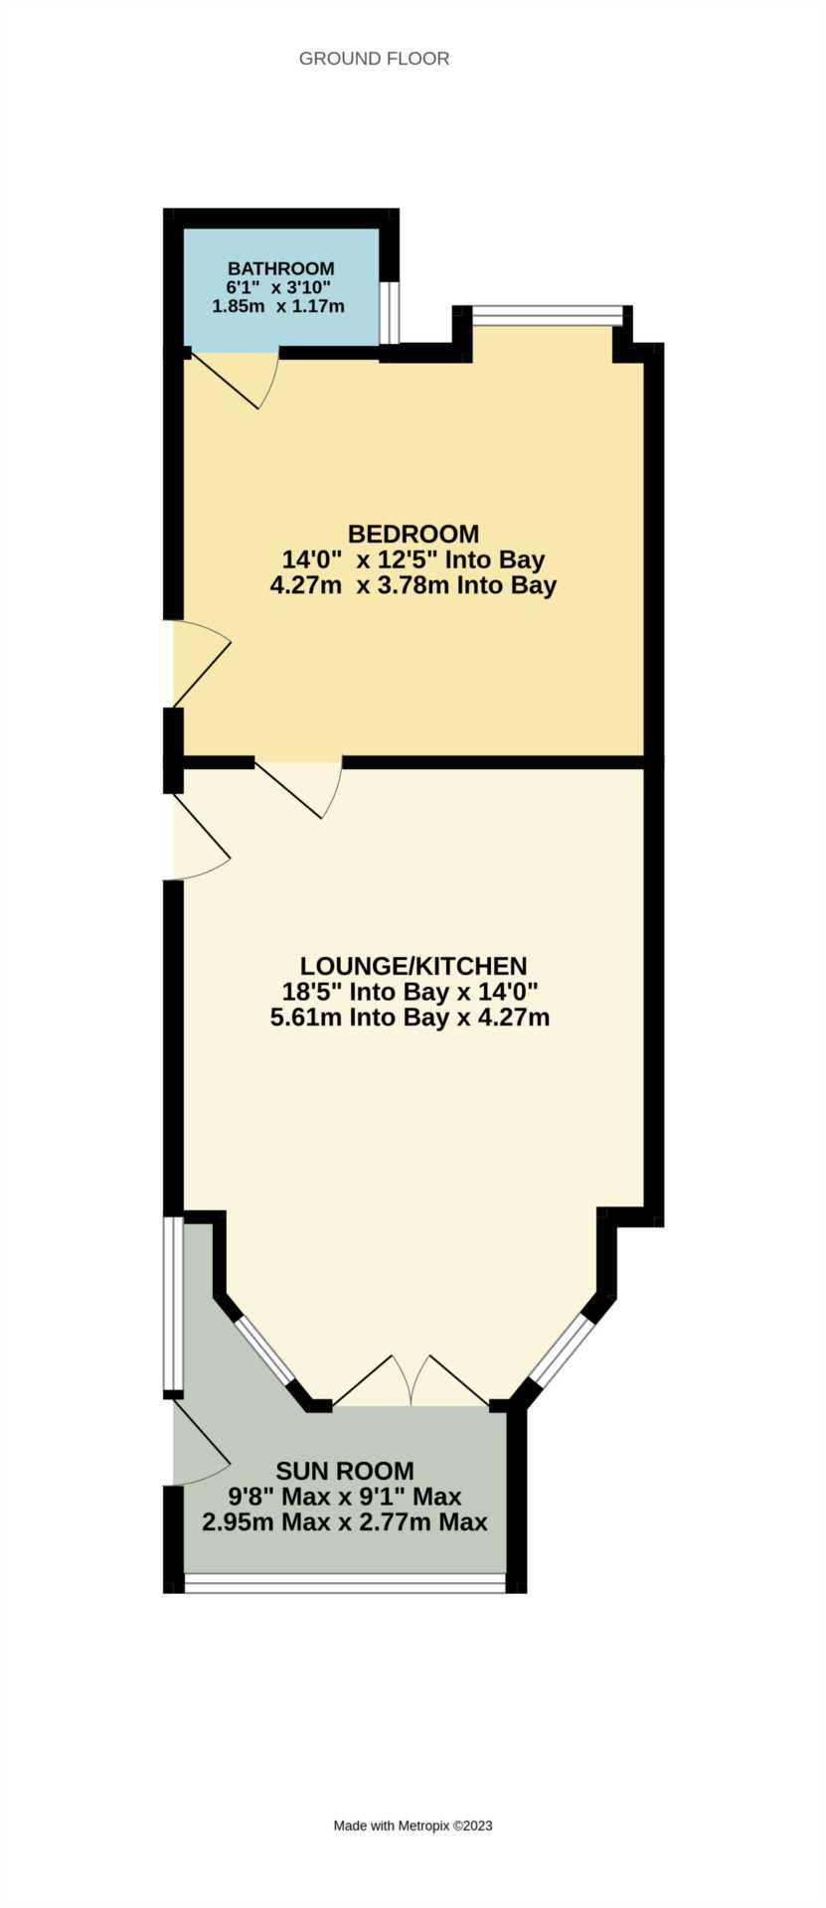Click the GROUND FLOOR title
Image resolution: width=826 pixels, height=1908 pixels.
coord(374,59)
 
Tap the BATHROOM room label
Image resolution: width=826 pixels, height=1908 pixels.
coord(280,268)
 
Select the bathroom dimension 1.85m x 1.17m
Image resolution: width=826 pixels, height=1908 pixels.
coord(278,306)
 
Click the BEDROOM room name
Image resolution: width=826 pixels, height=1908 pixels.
coord(413,534)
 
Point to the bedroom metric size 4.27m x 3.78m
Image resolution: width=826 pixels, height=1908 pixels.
coord(413,585)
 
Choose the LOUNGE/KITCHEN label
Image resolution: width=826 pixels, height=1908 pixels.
coord(413,965)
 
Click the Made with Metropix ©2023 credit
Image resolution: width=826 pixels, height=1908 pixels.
coord(413,1825)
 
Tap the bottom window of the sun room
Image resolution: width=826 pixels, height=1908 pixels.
coord(345,1582)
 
